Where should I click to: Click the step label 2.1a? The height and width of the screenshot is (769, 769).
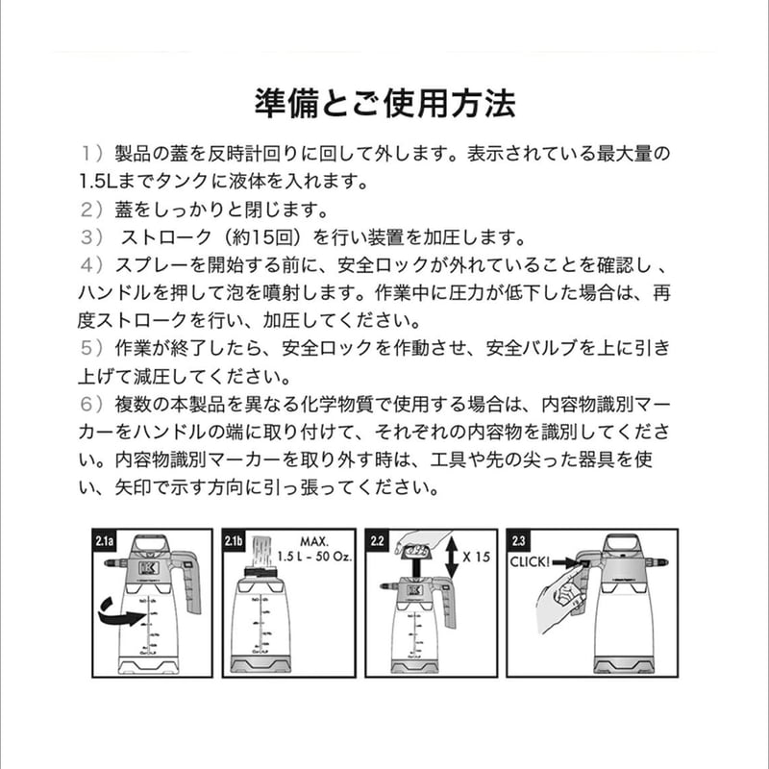tap(106, 542)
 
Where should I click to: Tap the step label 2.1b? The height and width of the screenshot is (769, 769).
tap(236, 542)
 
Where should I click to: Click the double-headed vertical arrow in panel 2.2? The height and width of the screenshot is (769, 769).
tap(454, 556)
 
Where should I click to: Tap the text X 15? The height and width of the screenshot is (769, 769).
tap(478, 557)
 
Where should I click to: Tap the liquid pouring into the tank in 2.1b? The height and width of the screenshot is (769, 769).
tap(261, 552)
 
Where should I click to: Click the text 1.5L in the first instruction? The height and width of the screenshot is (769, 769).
tap(98, 180)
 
